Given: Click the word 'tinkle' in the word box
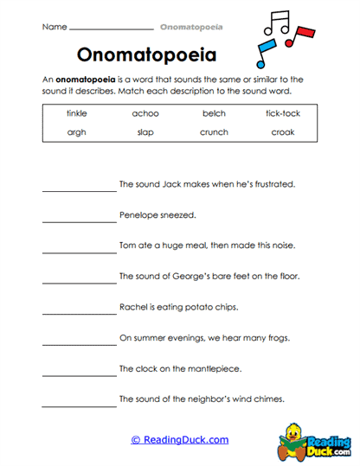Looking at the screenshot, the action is pyautogui.click(x=78, y=113).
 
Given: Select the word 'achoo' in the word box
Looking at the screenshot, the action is pyautogui.click(x=145, y=113).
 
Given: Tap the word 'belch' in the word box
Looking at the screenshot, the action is pyautogui.click(x=213, y=113).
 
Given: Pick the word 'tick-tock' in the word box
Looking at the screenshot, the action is pyautogui.click(x=282, y=113).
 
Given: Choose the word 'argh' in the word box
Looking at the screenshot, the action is pyautogui.click(x=78, y=132).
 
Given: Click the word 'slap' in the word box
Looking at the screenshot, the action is pyautogui.click(x=145, y=132).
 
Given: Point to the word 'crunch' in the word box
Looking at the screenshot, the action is pyautogui.click(x=213, y=132).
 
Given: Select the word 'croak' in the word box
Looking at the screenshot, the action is pyautogui.click(x=282, y=132).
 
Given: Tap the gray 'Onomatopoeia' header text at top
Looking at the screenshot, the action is pyautogui.click(x=191, y=27).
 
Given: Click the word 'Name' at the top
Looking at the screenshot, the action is pyautogui.click(x=54, y=27).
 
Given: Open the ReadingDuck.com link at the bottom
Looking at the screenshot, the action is pyautogui.click(x=180, y=440).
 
